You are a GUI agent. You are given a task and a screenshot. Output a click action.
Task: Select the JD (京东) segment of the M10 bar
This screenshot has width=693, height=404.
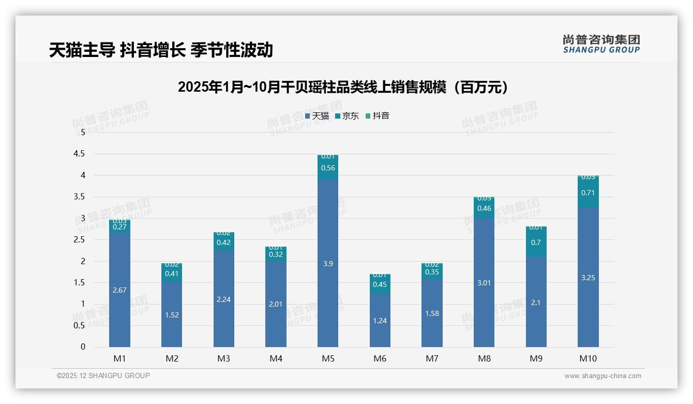(588, 193)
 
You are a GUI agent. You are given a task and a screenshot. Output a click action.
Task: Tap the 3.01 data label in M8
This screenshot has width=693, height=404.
(484, 283)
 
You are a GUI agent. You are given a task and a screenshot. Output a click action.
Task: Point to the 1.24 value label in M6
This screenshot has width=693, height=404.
(380, 321)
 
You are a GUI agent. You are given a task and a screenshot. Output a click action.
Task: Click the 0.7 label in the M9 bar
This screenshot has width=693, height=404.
(536, 242)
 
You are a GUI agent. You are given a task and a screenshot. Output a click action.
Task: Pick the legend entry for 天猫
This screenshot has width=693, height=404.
(317, 116)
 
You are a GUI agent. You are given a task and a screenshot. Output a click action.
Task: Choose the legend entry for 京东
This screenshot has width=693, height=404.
(347, 116)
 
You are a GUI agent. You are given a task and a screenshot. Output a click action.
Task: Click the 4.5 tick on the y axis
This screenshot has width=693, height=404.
(80, 154)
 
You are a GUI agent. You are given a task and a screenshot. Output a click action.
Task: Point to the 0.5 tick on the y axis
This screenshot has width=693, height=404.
(80, 325)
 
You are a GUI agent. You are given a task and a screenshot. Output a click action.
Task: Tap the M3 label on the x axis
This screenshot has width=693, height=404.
(223, 358)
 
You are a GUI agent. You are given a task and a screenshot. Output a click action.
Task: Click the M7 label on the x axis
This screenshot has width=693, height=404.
(432, 358)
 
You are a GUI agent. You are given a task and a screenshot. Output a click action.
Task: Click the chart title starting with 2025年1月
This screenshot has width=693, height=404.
(343, 87)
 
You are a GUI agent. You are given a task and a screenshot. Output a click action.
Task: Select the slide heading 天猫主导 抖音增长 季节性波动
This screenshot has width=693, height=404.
(161, 50)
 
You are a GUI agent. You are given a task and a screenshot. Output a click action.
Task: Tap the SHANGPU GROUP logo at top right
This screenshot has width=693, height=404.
(601, 44)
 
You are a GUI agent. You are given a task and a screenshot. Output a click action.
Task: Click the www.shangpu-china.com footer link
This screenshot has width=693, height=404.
(602, 376)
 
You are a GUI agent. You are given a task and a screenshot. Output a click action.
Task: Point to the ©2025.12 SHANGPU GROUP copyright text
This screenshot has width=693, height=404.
(103, 376)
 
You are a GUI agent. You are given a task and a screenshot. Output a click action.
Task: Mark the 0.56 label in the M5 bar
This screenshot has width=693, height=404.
(328, 168)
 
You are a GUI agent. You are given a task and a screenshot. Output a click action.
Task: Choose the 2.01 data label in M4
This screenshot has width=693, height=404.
(276, 304)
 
